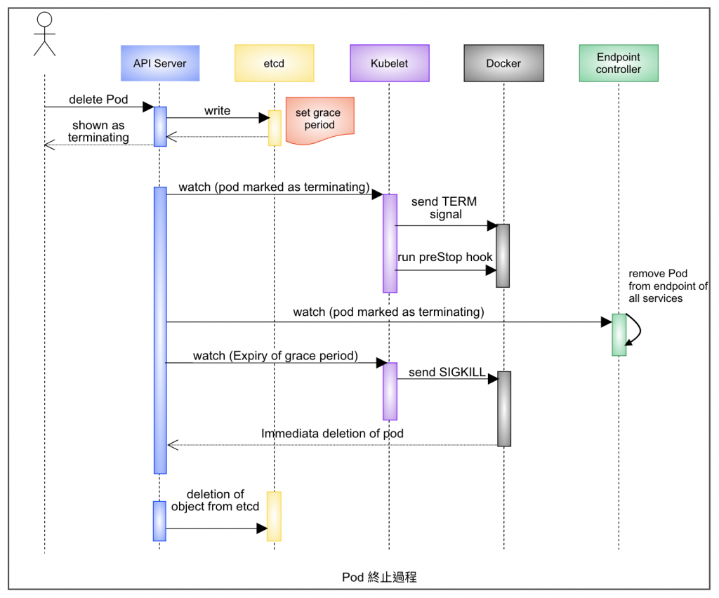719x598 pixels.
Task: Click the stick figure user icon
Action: point(44,34)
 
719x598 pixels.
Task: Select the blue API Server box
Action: point(160,63)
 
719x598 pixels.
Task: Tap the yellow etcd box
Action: point(274,63)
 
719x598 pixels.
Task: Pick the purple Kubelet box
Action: point(389,63)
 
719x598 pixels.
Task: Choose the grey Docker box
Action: point(503,63)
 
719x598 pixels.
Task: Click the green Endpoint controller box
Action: point(619,63)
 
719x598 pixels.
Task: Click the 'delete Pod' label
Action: point(98,100)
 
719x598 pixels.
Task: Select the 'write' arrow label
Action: point(217,111)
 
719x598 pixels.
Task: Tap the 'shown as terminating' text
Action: point(98,131)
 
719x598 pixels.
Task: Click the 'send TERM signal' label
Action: point(444,208)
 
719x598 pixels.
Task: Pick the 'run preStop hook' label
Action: point(445,257)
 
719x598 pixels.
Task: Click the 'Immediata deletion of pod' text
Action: point(332,434)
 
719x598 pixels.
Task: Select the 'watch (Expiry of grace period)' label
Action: point(275,356)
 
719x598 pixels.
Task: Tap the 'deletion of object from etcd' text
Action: point(216,500)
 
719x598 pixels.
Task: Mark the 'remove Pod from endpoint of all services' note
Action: point(668,286)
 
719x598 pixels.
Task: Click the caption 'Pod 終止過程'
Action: point(379,577)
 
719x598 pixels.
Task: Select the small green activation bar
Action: point(619,334)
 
